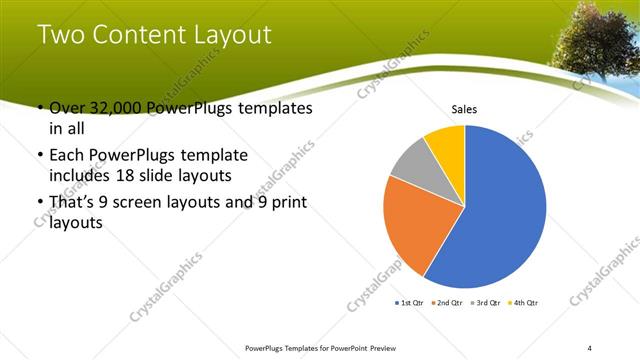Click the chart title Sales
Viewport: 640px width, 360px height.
click(464, 109)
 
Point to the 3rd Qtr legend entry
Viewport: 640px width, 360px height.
click(484, 302)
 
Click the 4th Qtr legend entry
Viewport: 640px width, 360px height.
click(523, 302)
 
